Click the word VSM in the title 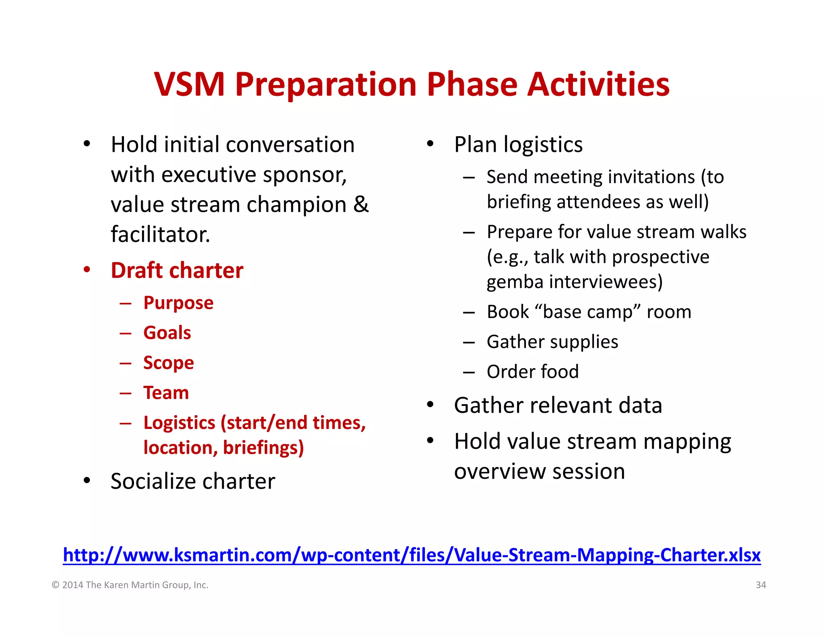[x=189, y=85]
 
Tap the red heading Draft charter [x=177, y=270]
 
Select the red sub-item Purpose [x=178, y=303]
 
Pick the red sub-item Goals [x=167, y=333]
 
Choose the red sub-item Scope [x=169, y=363]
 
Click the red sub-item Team [x=166, y=393]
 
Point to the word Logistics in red [x=179, y=423]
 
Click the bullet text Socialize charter [x=193, y=481]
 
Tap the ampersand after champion [x=361, y=205]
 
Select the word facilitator [x=160, y=235]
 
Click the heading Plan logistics [x=518, y=145]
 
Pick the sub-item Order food [x=532, y=372]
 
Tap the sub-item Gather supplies [x=552, y=342]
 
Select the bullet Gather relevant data [x=558, y=405]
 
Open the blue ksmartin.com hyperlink [x=412, y=555]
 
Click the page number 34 [x=760, y=585]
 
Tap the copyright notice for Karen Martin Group [x=130, y=585]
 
